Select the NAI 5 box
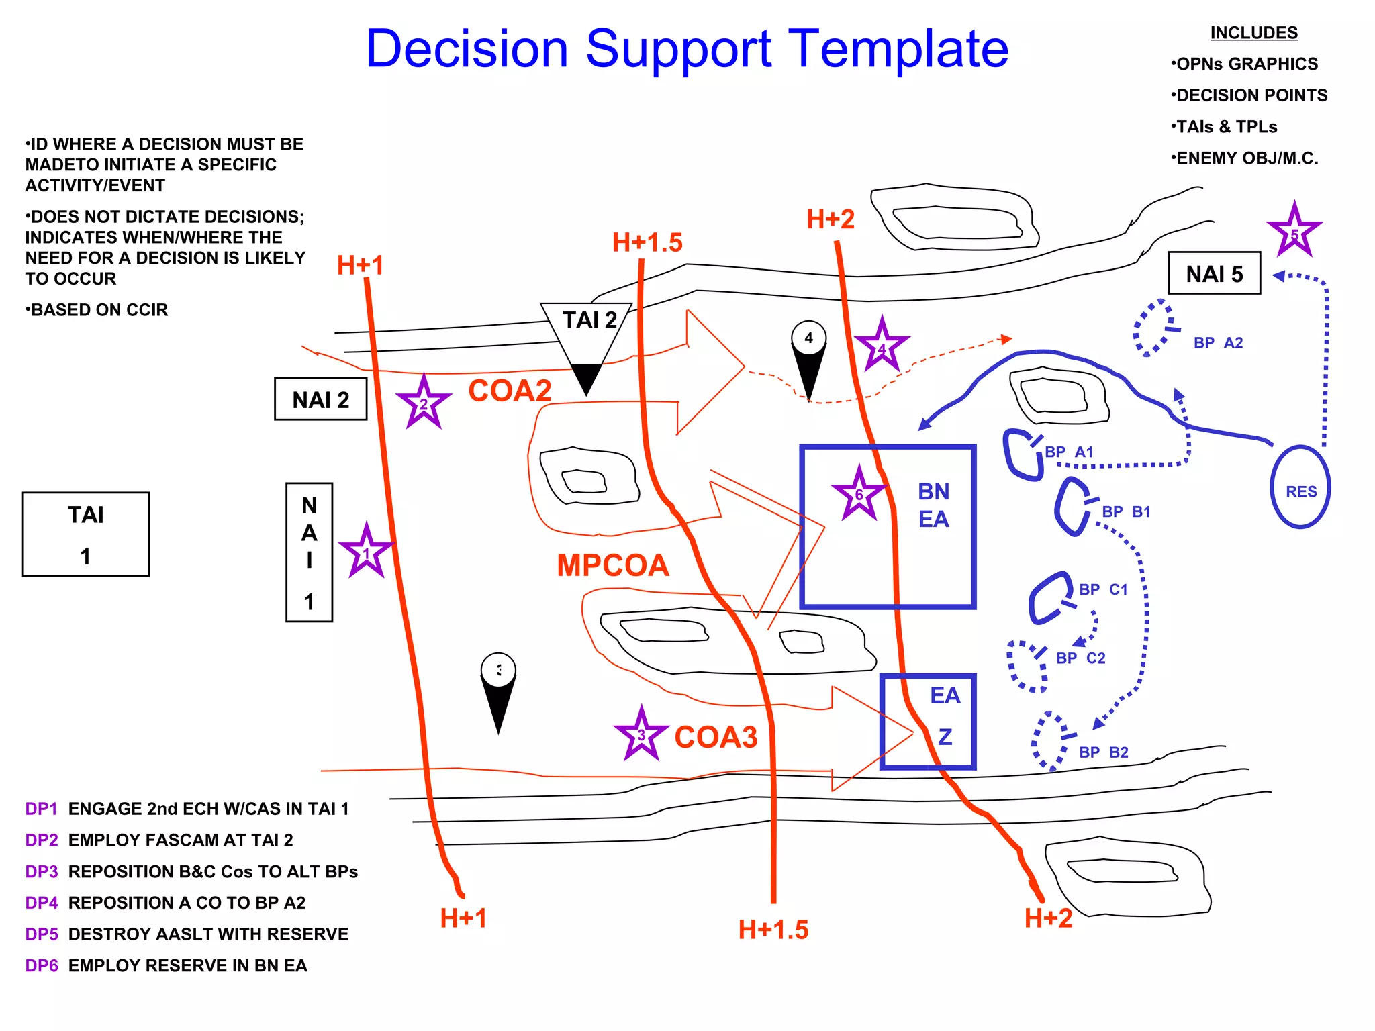pyautogui.click(x=1214, y=273)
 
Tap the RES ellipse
pyautogui.click(x=1300, y=487)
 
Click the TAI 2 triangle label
pyautogui.click(x=589, y=320)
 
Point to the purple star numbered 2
pyautogui.click(x=423, y=403)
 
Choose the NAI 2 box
pyautogui.click(x=321, y=399)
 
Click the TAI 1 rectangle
pyautogui.click(x=86, y=534)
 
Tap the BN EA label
pyautogui.click(x=933, y=505)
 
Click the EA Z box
pyautogui.click(x=929, y=722)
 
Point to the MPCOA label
pyautogui.click(x=613, y=565)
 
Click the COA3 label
pyautogui.click(x=716, y=737)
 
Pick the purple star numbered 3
pyautogui.click(x=641, y=735)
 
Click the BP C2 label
pyautogui.click(x=1080, y=658)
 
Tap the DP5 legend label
pyautogui.click(x=41, y=934)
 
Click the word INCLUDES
pyautogui.click(x=1253, y=32)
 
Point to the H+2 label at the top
pyautogui.click(x=831, y=219)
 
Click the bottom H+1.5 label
pyautogui.click(x=773, y=930)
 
